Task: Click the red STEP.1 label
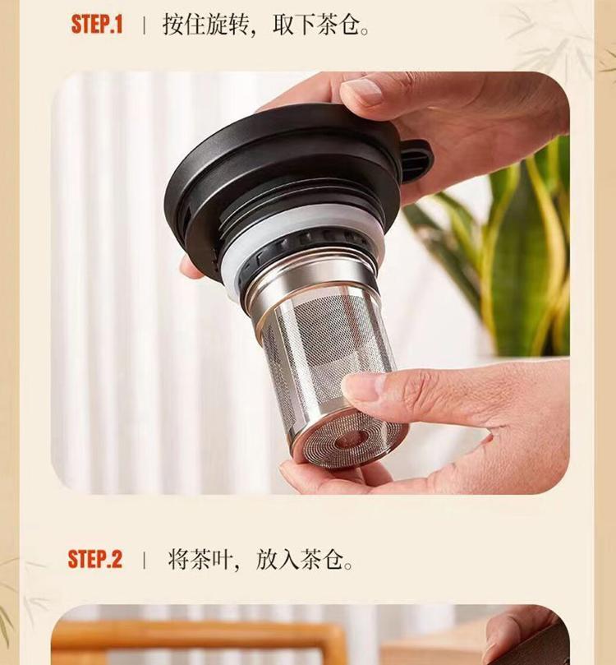click(x=97, y=24)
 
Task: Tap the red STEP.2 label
click(x=95, y=559)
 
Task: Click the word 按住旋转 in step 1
click(x=205, y=25)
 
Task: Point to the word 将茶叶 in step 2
click(x=200, y=560)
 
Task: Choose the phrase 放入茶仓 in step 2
click(x=304, y=560)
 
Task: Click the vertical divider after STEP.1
click(x=144, y=25)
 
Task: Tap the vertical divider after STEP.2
click(x=145, y=560)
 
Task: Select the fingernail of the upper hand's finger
click(x=363, y=92)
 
